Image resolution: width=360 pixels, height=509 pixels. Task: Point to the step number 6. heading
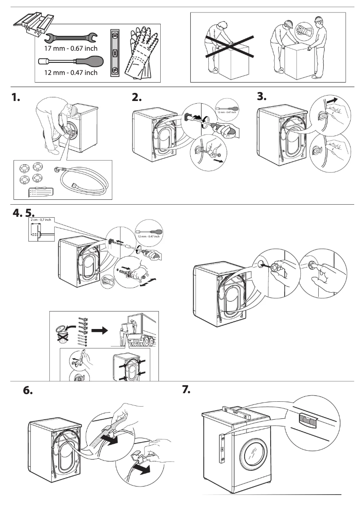coord(28,391)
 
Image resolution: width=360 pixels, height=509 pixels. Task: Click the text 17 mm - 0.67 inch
coord(70,48)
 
